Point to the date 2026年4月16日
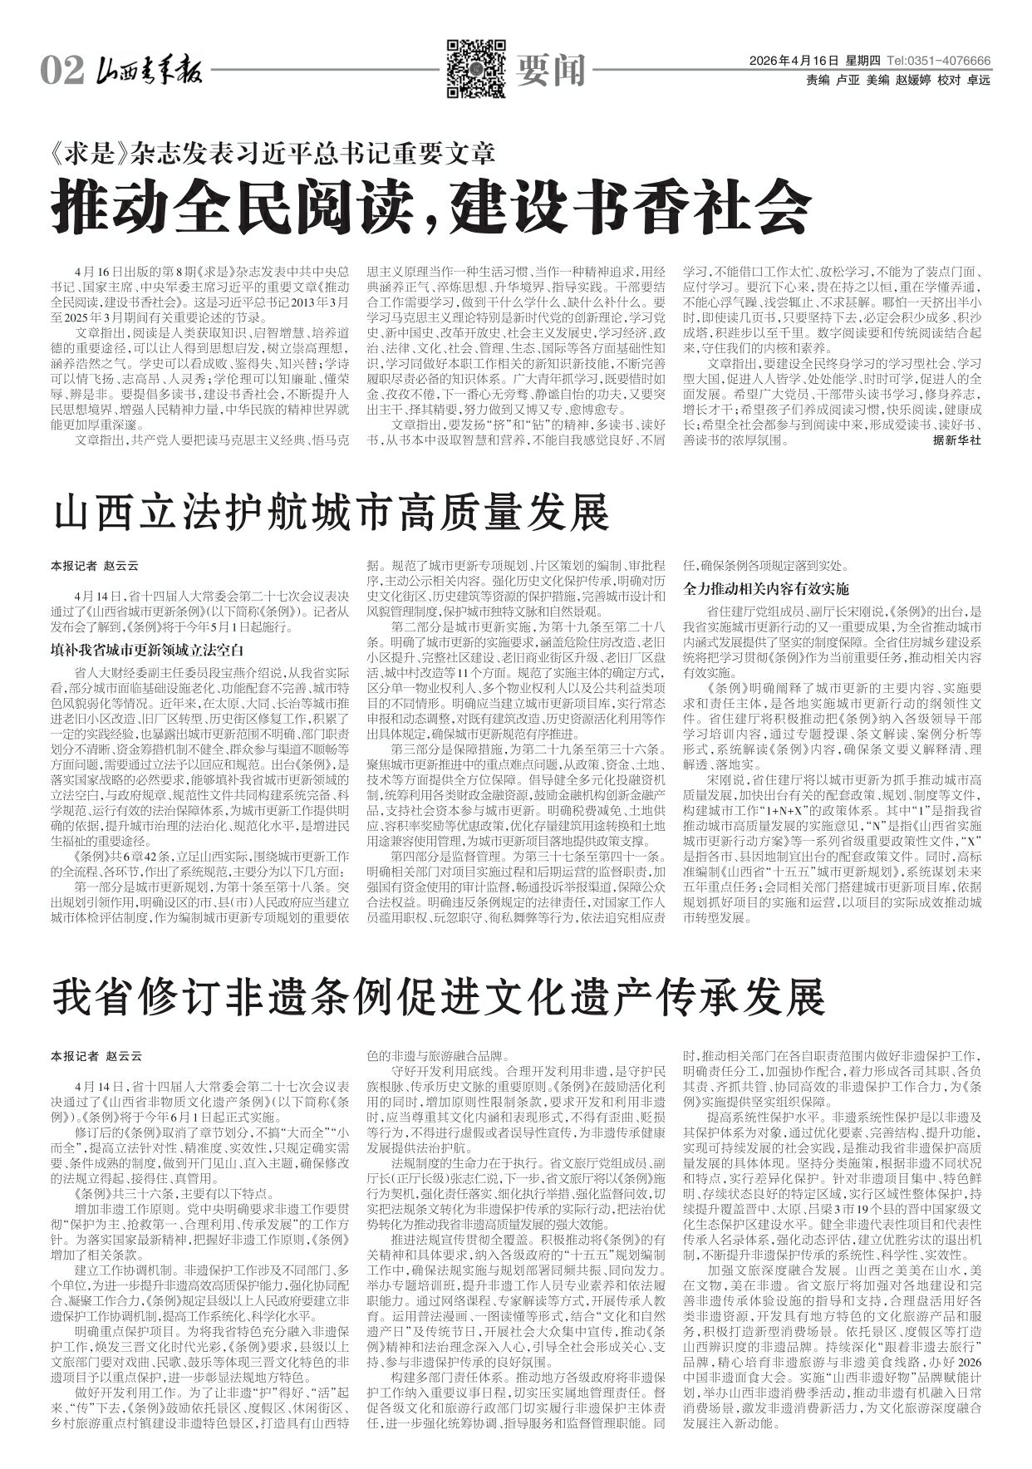tap(795, 61)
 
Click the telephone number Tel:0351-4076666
tap(939, 61)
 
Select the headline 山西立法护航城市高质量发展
tap(332, 513)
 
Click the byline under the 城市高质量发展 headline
tap(96, 566)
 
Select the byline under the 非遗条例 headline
tap(96, 1056)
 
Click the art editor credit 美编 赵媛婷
tap(897, 81)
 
